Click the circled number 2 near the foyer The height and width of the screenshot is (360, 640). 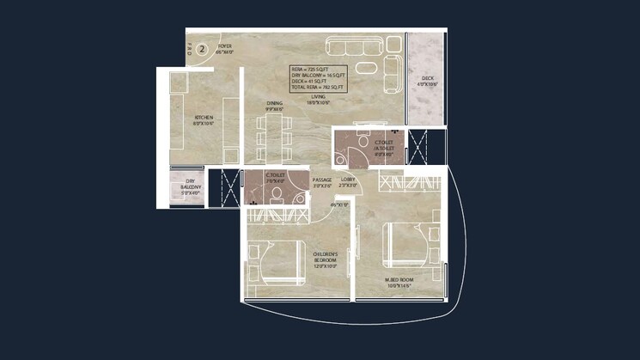[x=202, y=49]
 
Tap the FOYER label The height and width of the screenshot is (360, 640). [x=225, y=48]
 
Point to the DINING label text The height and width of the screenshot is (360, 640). [x=274, y=106]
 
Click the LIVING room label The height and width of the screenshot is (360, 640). [x=319, y=98]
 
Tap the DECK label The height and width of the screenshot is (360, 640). [x=427, y=79]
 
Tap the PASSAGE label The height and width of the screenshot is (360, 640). [x=322, y=180]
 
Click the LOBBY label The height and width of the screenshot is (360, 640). [x=348, y=180]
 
